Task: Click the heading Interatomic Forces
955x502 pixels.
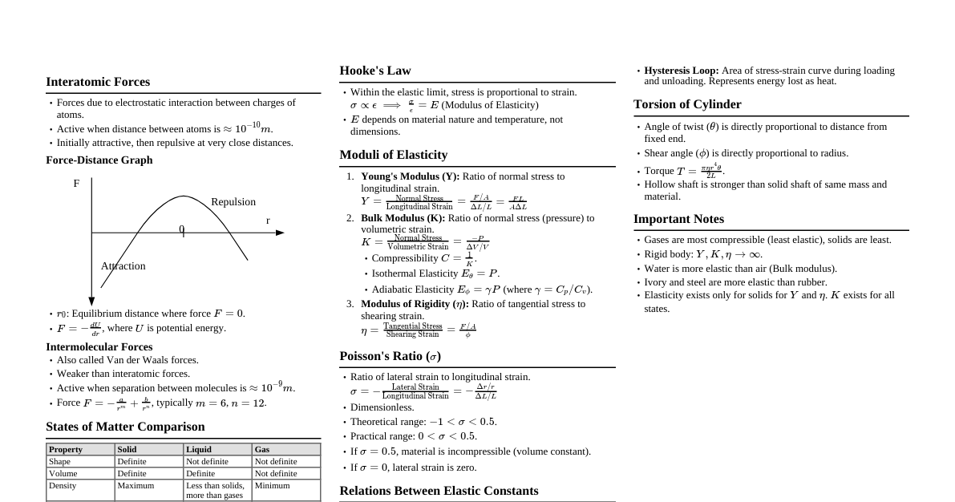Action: (x=98, y=82)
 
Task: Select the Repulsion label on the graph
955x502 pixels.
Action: (x=233, y=202)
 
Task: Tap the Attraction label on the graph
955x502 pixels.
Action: (x=123, y=266)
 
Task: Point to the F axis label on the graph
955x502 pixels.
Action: (x=76, y=184)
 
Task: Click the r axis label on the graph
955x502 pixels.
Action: (x=268, y=221)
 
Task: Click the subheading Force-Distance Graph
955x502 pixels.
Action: (x=99, y=160)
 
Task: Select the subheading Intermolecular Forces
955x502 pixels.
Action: (x=99, y=347)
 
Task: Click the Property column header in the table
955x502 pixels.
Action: (x=66, y=450)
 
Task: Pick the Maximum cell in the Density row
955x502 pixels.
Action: (x=136, y=486)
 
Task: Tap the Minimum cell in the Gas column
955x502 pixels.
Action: (x=272, y=486)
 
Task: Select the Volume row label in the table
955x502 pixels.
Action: (x=63, y=474)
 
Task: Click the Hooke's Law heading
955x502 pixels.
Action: (x=374, y=71)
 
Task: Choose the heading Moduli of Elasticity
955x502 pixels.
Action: (x=393, y=155)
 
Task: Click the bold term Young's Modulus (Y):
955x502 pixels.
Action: (x=410, y=176)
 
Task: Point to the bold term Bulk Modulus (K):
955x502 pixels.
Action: (x=403, y=218)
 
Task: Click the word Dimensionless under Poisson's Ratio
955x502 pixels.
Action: (x=382, y=407)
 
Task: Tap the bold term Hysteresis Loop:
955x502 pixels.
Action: (x=681, y=71)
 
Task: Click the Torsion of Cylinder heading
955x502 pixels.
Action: (x=687, y=104)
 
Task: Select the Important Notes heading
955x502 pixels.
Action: (x=678, y=219)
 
